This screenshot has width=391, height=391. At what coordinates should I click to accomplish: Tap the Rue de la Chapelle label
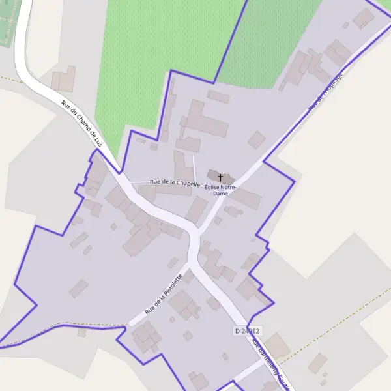coord(174,183)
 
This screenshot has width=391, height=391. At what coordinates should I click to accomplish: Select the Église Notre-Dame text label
coord(221,190)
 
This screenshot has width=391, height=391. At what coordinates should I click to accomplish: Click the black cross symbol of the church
coord(220,177)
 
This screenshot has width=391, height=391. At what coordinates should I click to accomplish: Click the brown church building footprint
coord(213,175)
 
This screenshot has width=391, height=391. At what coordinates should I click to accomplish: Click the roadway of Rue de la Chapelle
coord(140,183)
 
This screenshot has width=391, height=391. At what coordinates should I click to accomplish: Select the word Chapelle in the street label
coord(186,184)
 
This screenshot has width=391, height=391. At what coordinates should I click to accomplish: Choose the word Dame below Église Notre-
coord(221,194)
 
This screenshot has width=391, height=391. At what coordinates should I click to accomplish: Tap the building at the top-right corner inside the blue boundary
coord(362,18)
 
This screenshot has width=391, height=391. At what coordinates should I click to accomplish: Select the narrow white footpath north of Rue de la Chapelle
coord(194,166)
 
